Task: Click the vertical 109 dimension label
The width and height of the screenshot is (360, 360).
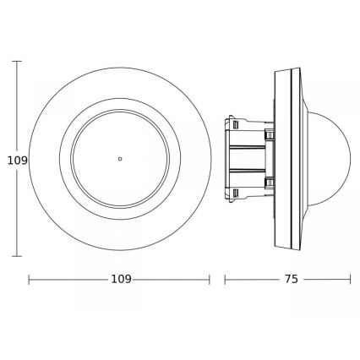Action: pyautogui.click(x=12, y=159)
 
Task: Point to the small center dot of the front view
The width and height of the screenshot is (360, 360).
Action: pyautogui.click(x=120, y=158)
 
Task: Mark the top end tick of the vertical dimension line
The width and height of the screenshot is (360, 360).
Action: pyautogui.click(x=19, y=61)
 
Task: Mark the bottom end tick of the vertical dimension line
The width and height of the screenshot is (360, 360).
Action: pyautogui.click(x=19, y=255)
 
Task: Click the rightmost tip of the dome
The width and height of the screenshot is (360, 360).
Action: pyautogui.click(x=350, y=158)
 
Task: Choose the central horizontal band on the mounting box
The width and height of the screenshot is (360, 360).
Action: pyautogui.click(x=247, y=158)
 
